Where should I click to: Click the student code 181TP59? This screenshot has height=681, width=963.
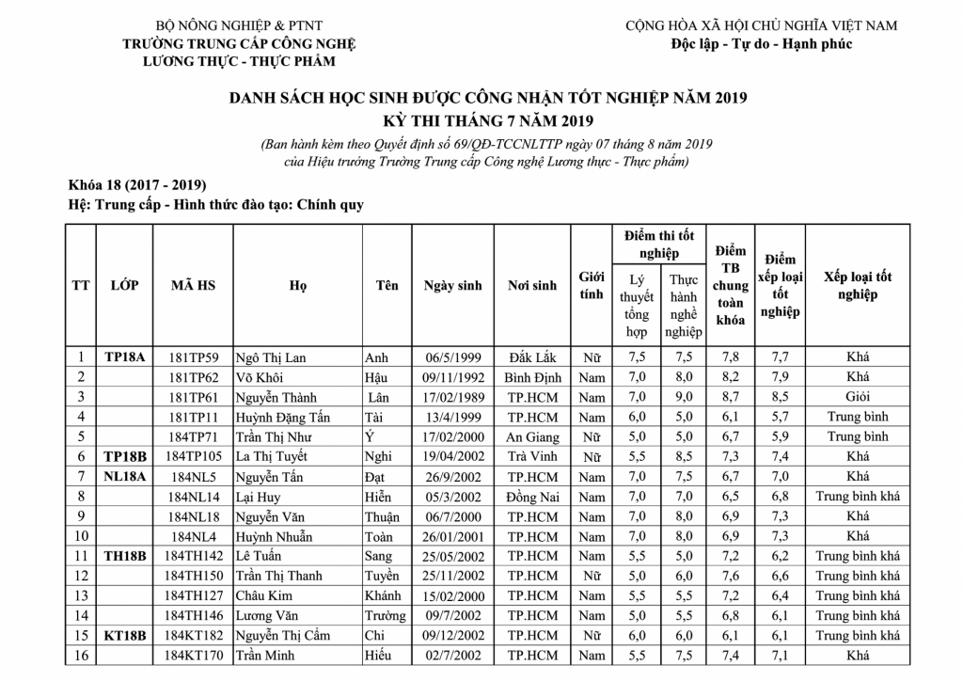(193, 357)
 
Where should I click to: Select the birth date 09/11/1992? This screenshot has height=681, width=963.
(452, 377)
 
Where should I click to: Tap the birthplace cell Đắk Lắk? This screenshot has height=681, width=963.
(532, 357)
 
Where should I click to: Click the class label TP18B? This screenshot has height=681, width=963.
(125, 456)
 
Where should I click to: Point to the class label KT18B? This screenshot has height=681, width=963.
(125, 635)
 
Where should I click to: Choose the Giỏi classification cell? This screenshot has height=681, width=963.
(858, 397)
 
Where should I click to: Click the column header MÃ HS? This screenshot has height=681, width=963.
(193, 285)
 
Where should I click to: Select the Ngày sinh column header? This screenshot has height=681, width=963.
(452, 286)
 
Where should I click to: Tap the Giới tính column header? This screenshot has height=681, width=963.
(592, 286)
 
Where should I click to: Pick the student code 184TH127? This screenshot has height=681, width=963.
(193, 595)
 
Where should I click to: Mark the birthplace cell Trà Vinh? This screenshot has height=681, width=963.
(532, 456)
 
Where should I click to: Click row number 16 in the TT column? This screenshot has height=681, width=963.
(82, 655)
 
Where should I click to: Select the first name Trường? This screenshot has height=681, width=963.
(385, 615)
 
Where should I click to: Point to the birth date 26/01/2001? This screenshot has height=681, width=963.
(452, 536)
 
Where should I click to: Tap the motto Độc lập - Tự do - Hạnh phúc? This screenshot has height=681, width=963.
(762, 44)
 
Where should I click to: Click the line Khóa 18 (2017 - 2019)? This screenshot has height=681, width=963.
(137, 183)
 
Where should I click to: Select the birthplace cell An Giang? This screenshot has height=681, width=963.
(532, 436)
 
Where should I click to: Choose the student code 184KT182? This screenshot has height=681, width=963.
(193, 635)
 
